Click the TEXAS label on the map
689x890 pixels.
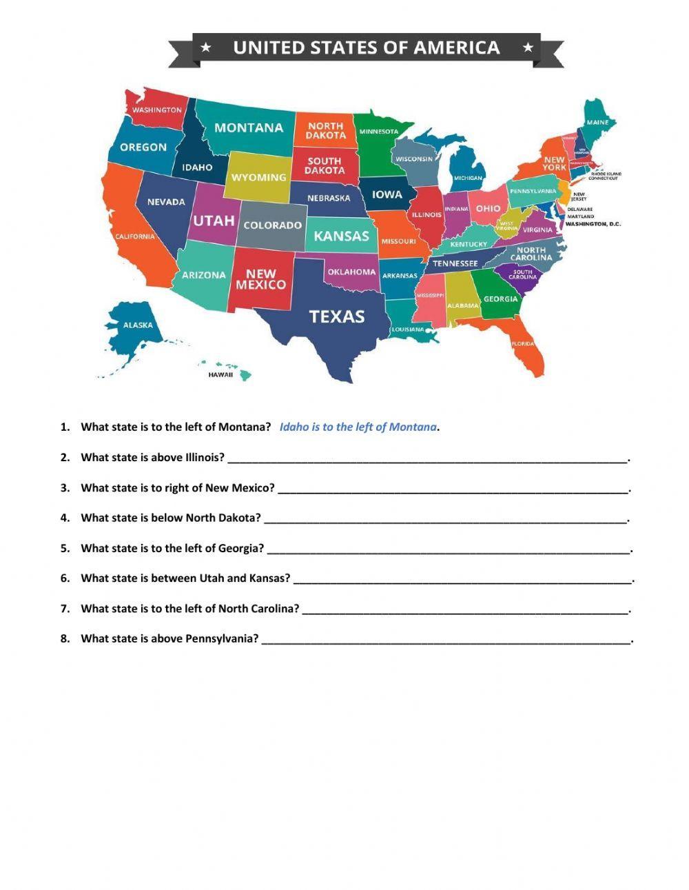tap(336, 316)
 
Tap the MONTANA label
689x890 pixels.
tap(249, 128)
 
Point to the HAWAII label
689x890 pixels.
tap(220, 375)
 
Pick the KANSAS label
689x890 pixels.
tap(341, 236)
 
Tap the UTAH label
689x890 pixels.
tap(214, 221)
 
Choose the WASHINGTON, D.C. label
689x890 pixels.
tap(593, 224)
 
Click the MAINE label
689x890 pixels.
tap(597, 123)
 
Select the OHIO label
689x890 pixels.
tap(488, 208)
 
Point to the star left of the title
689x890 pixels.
tap(205, 48)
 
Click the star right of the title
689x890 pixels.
tap(528, 48)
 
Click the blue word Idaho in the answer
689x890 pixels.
tap(294, 427)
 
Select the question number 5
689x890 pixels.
tap(65, 549)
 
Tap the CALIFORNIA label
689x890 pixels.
tap(135, 236)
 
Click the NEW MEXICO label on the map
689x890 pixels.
tap(260, 279)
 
